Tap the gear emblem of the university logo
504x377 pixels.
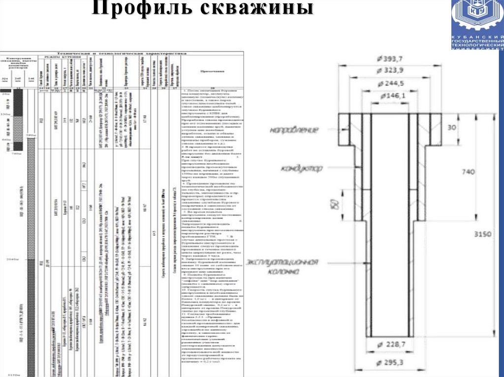(477, 17)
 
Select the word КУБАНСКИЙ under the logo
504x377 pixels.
(477, 38)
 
